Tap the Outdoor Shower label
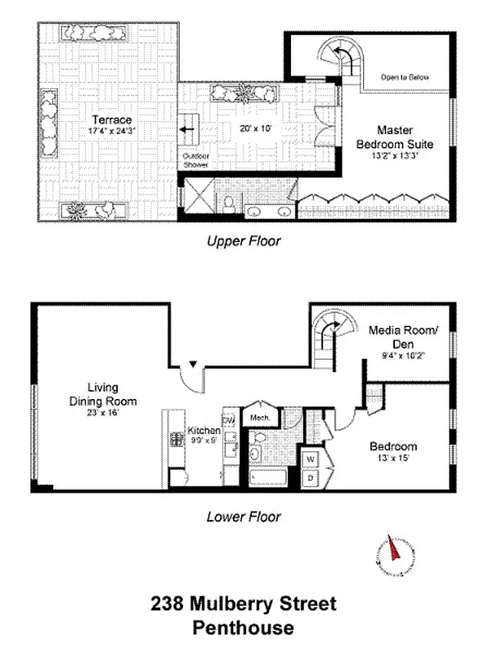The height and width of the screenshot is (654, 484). pyautogui.click(x=195, y=160)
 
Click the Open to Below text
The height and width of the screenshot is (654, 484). pyautogui.click(x=405, y=78)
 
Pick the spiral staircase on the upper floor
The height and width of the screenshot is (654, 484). pyautogui.click(x=337, y=59)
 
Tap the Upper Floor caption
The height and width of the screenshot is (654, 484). pyautogui.click(x=244, y=241)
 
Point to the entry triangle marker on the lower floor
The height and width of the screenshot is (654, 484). pyautogui.click(x=193, y=364)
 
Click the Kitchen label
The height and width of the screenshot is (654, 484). pyautogui.click(x=204, y=430)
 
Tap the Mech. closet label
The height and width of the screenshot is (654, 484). pyautogui.click(x=260, y=417)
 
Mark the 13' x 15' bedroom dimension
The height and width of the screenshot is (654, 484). pyautogui.click(x=393, y=459)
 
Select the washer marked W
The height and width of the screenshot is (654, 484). pyautogui.click(x=311, y=458)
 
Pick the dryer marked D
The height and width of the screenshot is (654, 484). pyautogui.click(x=311, y=477)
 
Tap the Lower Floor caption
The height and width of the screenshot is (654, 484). pyautogui.click(x=244, y=517)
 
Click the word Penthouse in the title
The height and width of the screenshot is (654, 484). pyautogui.click(x=243, y=629)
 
